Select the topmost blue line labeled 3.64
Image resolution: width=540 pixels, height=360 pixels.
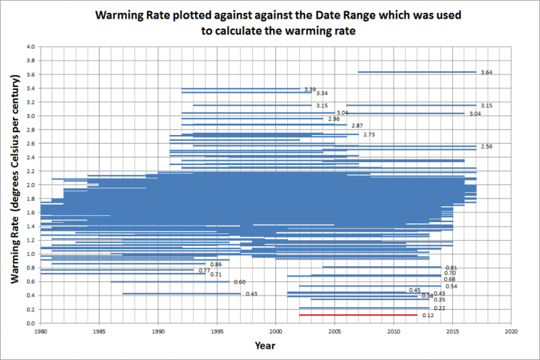tap(417, 72)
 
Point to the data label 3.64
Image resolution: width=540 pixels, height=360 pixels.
tap(486, 73)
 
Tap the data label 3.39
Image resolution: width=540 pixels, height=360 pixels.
tap(310, 89)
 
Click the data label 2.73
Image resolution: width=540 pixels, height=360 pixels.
tap(368, 134)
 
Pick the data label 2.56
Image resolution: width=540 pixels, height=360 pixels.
tap(486, 146)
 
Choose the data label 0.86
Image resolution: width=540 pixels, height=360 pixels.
tap(216, 265)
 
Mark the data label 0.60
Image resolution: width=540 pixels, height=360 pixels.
tap(239, 282)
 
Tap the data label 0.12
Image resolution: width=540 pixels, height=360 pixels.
tap(428, 316)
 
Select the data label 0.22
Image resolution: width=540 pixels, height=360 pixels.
tap(439, 308)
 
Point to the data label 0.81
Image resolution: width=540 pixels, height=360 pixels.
tap(451, 268)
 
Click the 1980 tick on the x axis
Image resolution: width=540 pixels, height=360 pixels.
tap(40, 330)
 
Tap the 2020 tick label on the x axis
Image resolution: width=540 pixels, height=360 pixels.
tap(511, 330)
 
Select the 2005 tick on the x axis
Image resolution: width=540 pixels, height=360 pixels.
tap(334, 330)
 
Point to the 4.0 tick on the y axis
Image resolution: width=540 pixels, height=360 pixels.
tap(30, 46)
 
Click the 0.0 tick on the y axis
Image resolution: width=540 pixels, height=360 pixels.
tap(30, 322)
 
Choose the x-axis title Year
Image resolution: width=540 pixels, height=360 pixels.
tap(264, 346)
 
